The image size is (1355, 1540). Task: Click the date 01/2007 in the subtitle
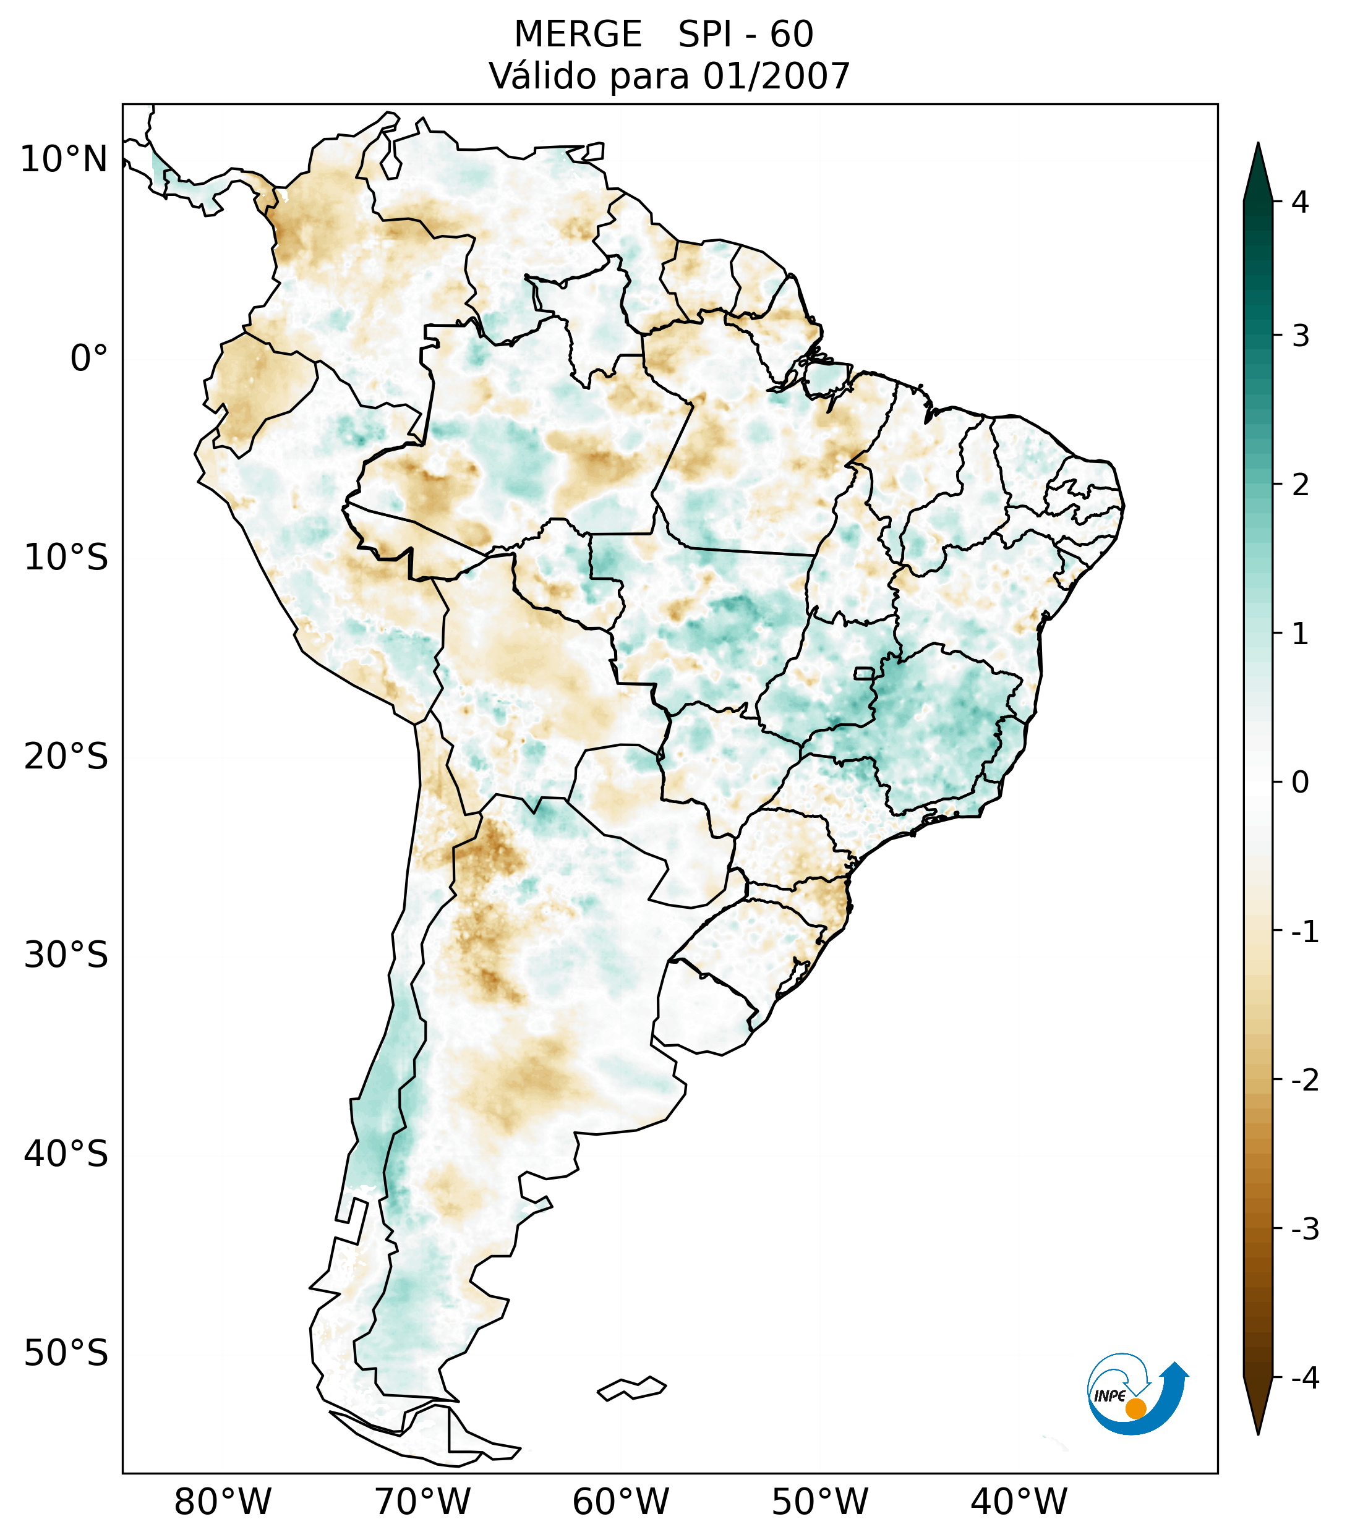click(x=776, y=76)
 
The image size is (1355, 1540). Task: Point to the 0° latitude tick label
click(x=89, y=359)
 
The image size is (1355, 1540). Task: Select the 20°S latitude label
click(x=66, y=757)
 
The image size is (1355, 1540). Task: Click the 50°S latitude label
click(x=66, y=1353)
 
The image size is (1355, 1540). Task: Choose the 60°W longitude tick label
click(x=620, y=1502)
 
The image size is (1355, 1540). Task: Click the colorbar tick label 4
click(x=1300, y=202)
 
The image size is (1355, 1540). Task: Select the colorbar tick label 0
click(x=1300, y=783)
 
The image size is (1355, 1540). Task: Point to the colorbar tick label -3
click(x=1304, y=1229)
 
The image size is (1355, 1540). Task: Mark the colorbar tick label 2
click(x=1300, y=485)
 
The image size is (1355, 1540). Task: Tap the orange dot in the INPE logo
click(x=1135, y=1408)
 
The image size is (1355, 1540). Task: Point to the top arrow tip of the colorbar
click(x=1257, y=145)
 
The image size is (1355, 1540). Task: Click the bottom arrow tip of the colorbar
click(x=1257, y=1433)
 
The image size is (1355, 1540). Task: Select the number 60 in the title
click(x=792, y=35)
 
